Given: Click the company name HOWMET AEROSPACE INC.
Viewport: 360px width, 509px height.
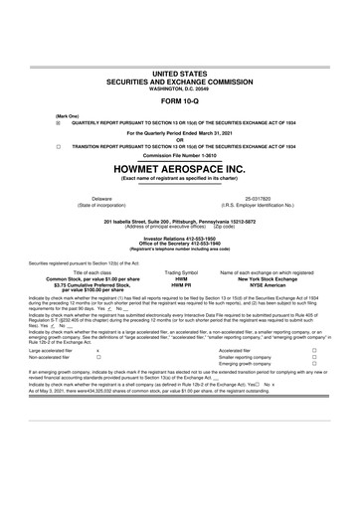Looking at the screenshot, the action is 180,169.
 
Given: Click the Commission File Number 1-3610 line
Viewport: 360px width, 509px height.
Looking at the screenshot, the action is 180,157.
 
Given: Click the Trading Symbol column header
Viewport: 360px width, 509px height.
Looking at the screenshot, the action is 181,270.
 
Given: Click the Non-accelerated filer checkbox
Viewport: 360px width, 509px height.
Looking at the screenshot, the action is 97,358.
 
